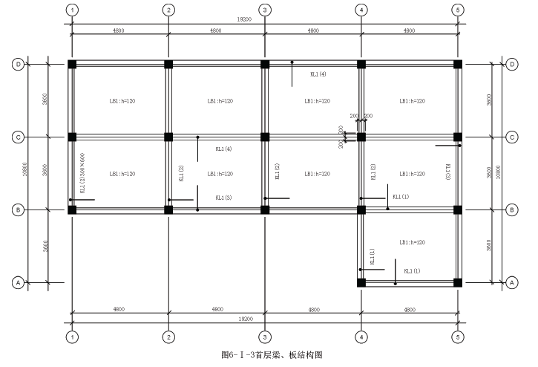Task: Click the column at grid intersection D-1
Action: (x=72, y=65)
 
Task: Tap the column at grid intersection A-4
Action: (x=361, y=282)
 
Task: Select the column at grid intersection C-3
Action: (x=265, y=137)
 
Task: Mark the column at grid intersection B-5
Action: (x=458, y=210)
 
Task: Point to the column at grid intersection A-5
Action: (x=458, y=282)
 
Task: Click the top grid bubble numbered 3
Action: (x=265, y=10)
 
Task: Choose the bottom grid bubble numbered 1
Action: (x=72, y=337)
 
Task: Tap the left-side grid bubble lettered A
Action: (x=18, y=282)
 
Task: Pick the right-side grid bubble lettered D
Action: (x=512, y=65)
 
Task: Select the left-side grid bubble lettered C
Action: (x=18, y=137)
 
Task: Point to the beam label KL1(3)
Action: (x=223, y=198)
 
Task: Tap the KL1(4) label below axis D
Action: (x=318, y=74)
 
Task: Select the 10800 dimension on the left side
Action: (x=26, y=174)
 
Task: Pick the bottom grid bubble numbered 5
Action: (x=458, y=337)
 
